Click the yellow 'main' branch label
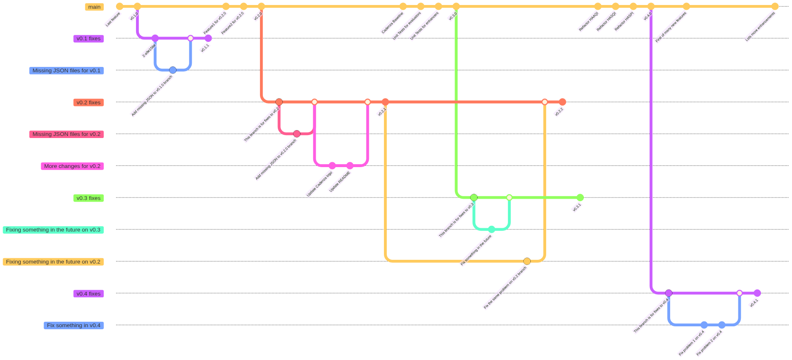94,7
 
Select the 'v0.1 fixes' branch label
89,39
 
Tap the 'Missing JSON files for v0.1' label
67,71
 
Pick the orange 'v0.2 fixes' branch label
89,102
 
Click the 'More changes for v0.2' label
72,166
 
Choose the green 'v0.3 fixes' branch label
89,198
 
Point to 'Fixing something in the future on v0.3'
53,230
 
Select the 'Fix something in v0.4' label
74,325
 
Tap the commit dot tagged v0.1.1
208,38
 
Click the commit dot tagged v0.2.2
562,102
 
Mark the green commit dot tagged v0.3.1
580,197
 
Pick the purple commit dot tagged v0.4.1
757,293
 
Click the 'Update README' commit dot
350,166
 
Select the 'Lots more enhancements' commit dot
775,6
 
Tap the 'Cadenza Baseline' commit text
392,23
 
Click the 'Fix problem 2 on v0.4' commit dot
722,325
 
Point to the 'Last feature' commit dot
119,6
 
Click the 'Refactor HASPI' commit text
624,21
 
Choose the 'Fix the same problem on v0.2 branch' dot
527,261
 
